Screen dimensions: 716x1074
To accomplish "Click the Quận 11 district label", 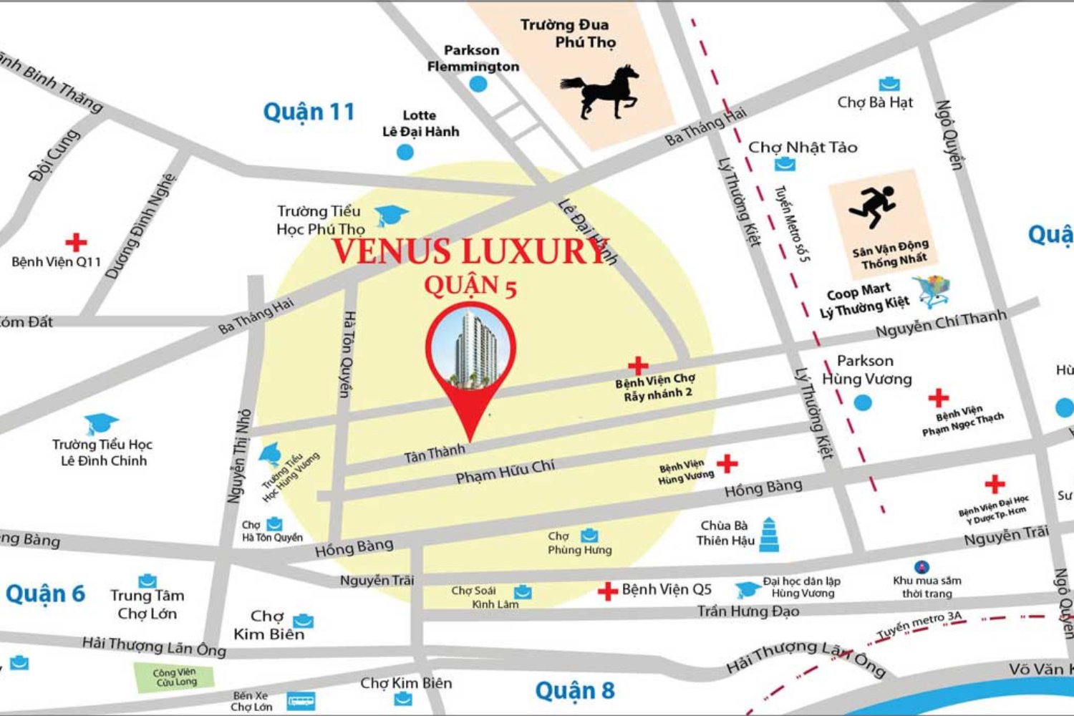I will [x=309, y=112].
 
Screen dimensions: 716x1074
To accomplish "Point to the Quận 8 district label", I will [x=575, y=691].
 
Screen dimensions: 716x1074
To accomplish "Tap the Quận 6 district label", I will [x=45, y=594].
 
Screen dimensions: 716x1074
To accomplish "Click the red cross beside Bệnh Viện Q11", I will [x=76, y=242].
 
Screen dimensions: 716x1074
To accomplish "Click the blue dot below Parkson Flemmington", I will [x=478, y=84].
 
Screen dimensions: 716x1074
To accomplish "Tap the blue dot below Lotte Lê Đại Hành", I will [x=405, y=152].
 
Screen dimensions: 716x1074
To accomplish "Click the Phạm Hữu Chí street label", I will [x=505, y=471].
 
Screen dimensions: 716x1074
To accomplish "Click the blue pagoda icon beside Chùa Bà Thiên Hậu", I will [x=768, y=535].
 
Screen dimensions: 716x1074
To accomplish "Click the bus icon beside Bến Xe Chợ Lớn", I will [x=301, y=701].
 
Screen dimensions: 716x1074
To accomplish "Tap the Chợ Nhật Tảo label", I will [x=802, y=147].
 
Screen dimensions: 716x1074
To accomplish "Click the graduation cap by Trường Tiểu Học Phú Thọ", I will [x=392, y=215].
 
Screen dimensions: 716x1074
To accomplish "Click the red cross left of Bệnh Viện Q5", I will [x=607, y=591].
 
